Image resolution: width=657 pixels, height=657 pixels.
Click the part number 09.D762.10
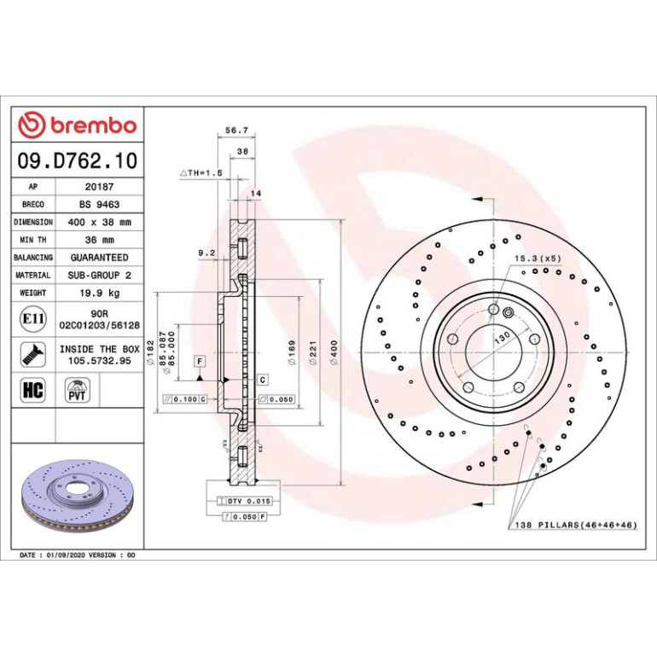click(78, 160)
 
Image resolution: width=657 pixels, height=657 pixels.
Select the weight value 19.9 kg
click(100, 293)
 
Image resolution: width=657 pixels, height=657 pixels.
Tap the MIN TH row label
click(33, 240)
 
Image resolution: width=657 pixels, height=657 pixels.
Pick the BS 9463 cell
click(99, 205)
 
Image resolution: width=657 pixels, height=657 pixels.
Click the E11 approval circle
click(33, 319)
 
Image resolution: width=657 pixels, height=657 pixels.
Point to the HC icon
click(32, 390)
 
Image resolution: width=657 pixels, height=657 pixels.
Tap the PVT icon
click(77, 390)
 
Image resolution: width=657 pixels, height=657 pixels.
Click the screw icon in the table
click(33, 354)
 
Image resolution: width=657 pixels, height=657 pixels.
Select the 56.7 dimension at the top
click(236, 131)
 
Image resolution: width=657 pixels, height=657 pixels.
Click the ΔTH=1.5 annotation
click(201, 172)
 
